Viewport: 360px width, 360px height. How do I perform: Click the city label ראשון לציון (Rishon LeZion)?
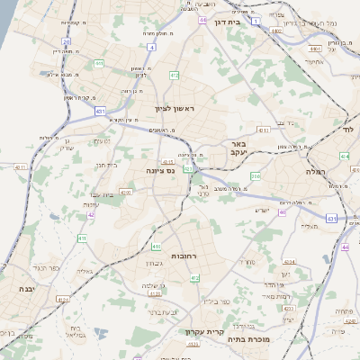click(x=174, y=108)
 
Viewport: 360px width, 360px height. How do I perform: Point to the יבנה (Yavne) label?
click(x=25, y=289)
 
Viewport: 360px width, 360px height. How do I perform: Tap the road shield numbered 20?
click(x=66, y=41)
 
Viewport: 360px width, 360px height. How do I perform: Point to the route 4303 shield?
click(x=168, y=163)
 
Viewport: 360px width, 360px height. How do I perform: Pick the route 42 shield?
click(x=91, y=215)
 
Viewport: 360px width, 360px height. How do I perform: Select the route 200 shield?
click(x=256, y=176)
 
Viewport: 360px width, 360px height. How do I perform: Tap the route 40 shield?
click(x=282, y=212)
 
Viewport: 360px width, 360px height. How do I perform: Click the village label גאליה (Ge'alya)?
click(x=85, y=270)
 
